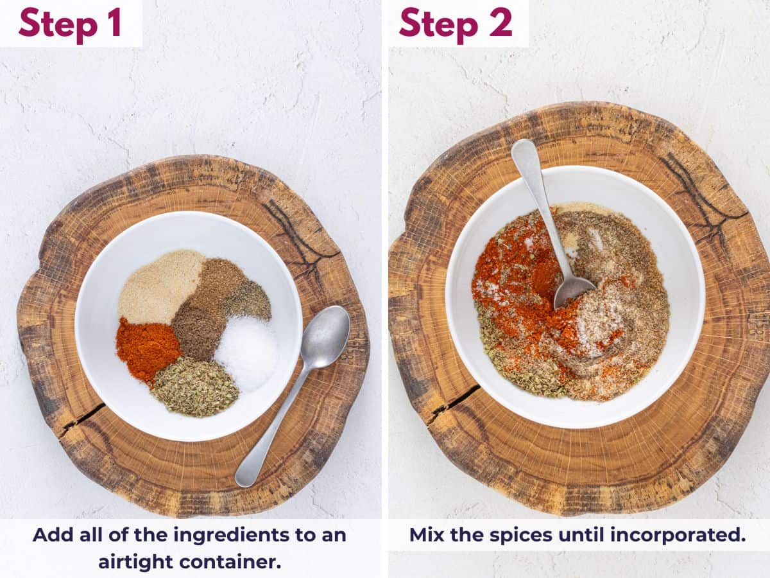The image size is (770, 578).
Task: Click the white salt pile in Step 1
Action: (x=248, y=353)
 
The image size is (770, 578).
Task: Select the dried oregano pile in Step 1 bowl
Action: (x=194, y=387)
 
